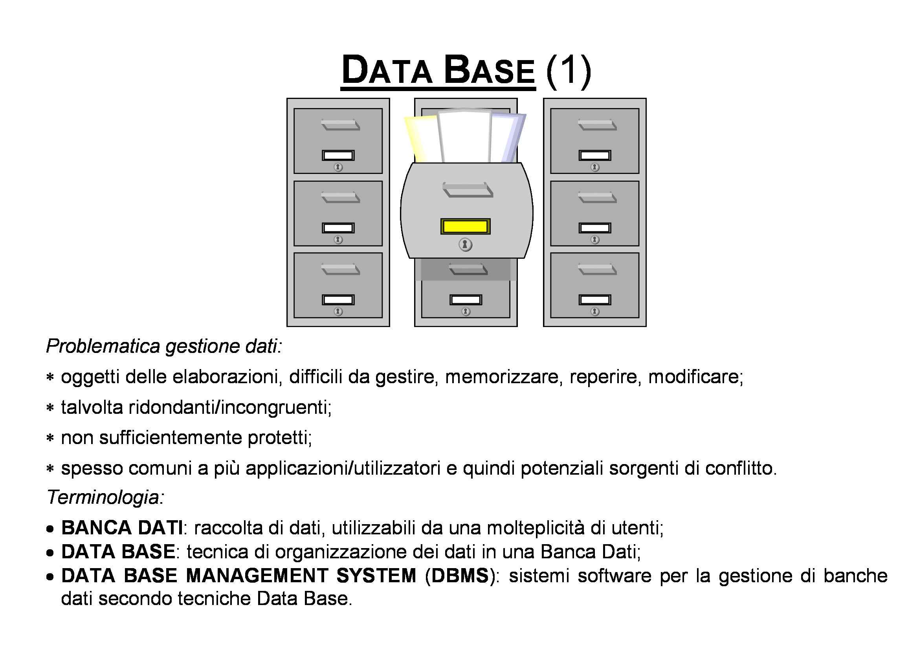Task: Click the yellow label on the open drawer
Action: click(465, 226)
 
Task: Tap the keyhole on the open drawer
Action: click(465, 244)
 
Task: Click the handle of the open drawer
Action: click(468, 190)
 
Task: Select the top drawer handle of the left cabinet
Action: click(340, 125)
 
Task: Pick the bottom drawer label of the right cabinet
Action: click(595, 300)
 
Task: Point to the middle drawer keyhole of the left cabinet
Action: click(338, 239)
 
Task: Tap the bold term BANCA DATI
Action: click(122, 528)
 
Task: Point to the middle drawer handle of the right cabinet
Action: click(597, 197)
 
